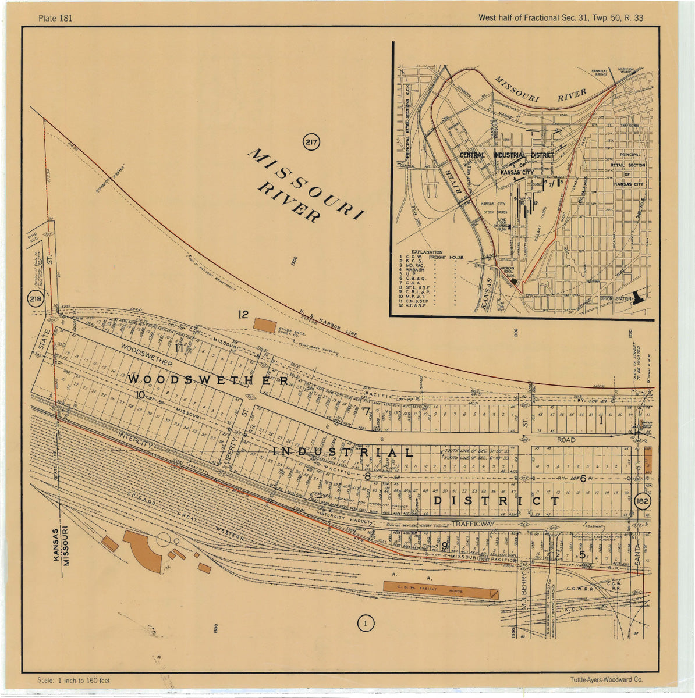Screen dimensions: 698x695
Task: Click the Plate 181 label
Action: [55, 18]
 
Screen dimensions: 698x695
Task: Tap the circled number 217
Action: [311, 142]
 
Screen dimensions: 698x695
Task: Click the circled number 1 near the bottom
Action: [365, 624]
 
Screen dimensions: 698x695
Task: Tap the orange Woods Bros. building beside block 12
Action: [264, 325]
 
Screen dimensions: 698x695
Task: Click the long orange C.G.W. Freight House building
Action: [441, 590]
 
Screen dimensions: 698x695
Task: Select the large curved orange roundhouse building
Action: [143, 550]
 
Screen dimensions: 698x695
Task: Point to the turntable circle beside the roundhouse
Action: [164, 539]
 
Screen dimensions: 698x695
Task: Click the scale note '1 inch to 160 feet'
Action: [73, 680]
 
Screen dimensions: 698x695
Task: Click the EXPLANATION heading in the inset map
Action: [427, 252]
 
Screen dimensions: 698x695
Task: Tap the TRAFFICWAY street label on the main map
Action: [472, 524]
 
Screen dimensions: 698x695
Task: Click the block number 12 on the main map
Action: [243, 315]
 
